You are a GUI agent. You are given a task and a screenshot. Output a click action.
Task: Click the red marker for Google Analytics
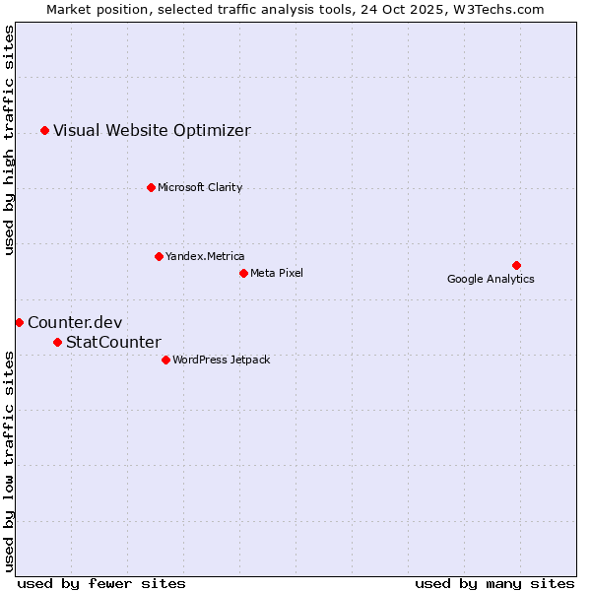click(516, 265)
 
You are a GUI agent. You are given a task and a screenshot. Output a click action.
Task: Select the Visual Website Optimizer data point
click(44, 130)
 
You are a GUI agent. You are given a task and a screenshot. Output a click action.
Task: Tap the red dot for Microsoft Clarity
click(151, 187)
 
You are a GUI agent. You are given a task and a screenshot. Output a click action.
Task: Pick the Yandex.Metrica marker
click(159, 256)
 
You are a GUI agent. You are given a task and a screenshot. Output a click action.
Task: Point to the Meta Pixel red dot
click(243, 273)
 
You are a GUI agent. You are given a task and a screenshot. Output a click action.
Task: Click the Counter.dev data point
click(19, 322)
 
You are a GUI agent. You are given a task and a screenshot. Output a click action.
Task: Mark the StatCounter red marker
click(57, 342)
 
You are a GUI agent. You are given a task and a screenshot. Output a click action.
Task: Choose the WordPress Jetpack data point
click(165, 360)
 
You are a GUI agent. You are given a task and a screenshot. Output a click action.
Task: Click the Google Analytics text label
click(491, 280)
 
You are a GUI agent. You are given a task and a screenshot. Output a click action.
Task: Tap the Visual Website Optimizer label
click(152, 130)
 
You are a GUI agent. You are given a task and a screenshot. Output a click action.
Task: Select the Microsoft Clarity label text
click(200, 187)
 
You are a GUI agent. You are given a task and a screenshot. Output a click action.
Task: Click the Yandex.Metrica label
click(205, 256)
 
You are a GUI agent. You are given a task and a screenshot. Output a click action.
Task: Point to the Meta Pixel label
click(277, 273)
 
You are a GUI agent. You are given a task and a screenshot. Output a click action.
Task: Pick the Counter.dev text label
click(75, 322)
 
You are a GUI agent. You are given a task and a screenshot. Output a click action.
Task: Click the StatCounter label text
click(113, 342)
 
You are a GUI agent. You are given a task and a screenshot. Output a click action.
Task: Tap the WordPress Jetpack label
click(221, 360)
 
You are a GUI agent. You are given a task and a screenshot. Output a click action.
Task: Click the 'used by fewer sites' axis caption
click(101, 583)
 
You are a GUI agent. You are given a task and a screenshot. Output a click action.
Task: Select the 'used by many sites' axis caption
click(494, 583)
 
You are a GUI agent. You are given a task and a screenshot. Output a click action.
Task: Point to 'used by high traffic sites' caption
click(10, 140)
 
